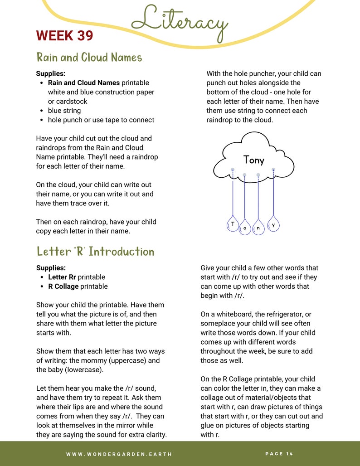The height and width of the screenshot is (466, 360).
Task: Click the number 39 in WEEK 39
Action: [x=82, y=35]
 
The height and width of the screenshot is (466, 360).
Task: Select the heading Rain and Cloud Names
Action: [x=89, y=58]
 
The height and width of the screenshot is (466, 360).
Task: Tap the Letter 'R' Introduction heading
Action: [x=95, y=252]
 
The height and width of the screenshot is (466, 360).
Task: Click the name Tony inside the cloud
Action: [x=253, y=160]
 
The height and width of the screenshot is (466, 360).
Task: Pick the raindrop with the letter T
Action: [x=233, y=224]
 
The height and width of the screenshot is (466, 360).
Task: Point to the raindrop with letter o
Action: [x=245, y=228]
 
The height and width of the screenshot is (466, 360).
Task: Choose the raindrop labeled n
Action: [x=258, y=228]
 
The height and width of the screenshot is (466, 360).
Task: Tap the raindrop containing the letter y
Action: [x=273, y=224]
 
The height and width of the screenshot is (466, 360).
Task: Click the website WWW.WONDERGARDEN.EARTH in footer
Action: [x=119, y=454]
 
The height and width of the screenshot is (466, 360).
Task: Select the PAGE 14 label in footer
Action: [x=279, y=454]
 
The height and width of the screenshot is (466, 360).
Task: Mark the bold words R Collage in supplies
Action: [x=63, y=286]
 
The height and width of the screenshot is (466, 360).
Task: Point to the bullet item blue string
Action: [x=64, y=111]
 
